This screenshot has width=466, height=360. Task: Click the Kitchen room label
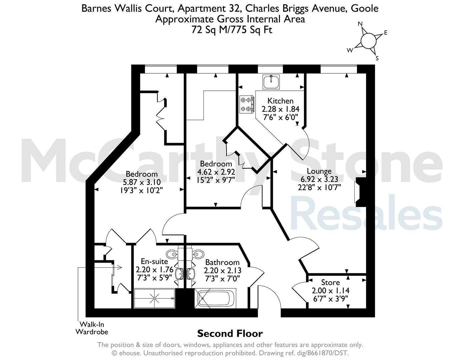pos(280,101)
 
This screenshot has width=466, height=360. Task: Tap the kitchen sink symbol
pos(271,82)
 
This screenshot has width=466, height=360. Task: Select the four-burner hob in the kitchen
pos(247,104)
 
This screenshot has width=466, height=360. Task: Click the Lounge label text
pos(319,171)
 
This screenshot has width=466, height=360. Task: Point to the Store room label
pos(330,282)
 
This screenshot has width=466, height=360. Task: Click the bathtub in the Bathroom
pos(215,298)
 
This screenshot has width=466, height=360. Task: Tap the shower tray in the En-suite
pos(154,298)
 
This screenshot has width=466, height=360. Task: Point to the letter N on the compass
pos(360,24)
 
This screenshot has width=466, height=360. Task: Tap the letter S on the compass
pos(377,58)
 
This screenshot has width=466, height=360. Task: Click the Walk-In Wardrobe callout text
pos(92,328)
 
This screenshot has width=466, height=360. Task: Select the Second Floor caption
pos(230,334)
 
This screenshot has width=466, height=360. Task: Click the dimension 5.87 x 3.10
pos(142,182)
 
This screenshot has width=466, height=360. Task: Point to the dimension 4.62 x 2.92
pos(216,172)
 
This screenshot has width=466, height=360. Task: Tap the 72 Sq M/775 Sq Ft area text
pos(232,30)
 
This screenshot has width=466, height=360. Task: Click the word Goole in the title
pos(364,9)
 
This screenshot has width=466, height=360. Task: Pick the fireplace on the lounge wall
pos(360,192)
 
